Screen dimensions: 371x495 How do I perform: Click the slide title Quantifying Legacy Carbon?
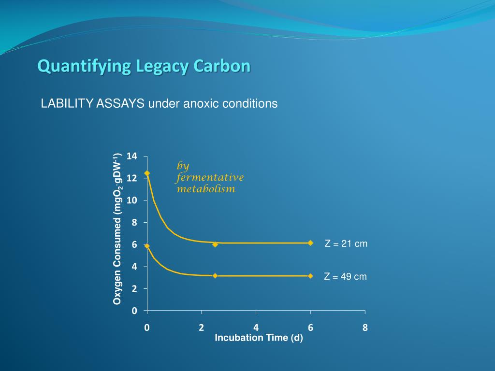click(144, 66)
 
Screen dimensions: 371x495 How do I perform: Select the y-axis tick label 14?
click(132, 156)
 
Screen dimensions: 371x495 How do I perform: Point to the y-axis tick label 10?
click(132, 200)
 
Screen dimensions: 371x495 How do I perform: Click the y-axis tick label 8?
click(134, 223)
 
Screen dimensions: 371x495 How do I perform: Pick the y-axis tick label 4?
click(134, 267)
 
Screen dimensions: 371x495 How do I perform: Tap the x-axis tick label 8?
click(365, 328)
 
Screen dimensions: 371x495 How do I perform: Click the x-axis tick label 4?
click(256, 328)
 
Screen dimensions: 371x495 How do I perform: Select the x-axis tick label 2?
click(202, 328)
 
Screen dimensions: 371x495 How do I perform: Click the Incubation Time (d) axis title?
click(259, 338)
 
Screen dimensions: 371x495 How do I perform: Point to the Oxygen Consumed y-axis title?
click(117, 229)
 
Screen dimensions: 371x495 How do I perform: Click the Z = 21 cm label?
click(346, 244)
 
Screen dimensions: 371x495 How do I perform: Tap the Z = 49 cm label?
click(345, 277)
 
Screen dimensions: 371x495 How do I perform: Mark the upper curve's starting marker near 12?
click(147, 173)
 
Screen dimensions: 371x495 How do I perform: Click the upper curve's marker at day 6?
click(310, 243)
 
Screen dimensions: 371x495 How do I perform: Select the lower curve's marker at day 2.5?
click(215, 276)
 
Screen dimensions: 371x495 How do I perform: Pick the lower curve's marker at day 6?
click(310, 276)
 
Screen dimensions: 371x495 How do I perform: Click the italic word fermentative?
click(210, 177)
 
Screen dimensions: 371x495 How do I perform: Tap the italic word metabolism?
click(206, 189)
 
